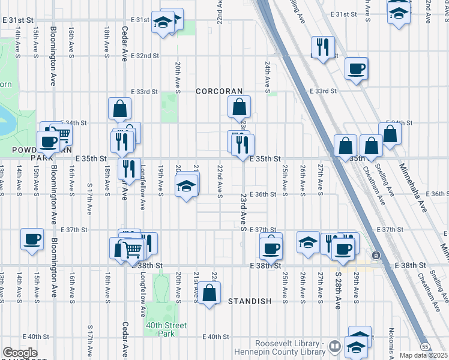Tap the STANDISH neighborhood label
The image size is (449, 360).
250,301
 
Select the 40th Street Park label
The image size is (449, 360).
166,329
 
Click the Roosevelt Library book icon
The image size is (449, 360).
335,346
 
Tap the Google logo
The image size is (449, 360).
19,353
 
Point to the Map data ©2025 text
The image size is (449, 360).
423,355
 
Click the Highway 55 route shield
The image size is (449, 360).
441,347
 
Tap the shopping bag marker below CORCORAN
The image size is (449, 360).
239,108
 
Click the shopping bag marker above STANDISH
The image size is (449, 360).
209,294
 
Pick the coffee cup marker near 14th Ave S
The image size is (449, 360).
32,239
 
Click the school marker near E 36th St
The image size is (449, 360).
186,187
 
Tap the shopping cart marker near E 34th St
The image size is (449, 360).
62,134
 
